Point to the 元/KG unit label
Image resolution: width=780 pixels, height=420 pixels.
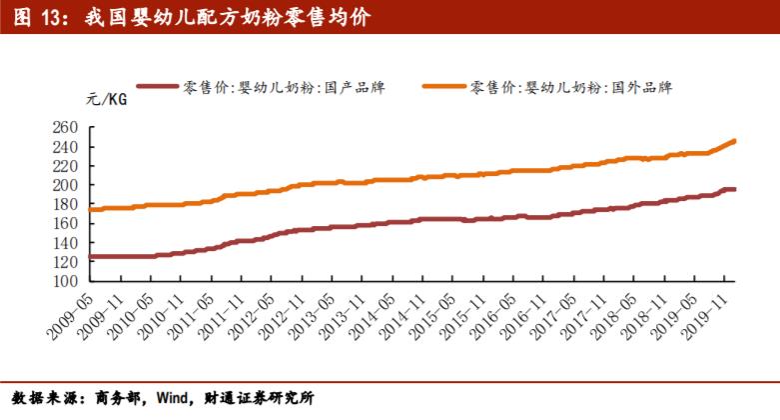[x=105, y=99]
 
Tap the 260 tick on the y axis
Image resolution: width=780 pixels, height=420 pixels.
[x=65, y=128]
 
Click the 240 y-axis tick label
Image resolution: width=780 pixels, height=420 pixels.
[x=65, y=147]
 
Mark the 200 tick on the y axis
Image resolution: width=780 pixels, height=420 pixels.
[x=65, y=186]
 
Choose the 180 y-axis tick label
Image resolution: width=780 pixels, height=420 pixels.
[x=65, y=205]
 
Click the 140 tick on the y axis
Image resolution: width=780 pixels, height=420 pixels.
[x=65, y=243]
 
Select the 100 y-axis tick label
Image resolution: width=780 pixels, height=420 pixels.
[x=65, y=281]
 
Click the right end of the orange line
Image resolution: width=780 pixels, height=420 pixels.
[x=735, y=140]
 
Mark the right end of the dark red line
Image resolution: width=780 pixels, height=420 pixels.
[x=735, y=189]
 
